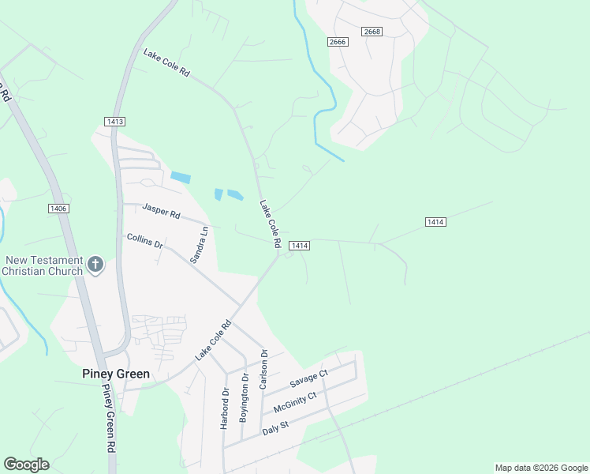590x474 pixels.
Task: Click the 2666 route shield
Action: [x=338, y=42]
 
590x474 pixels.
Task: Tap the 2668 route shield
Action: [x=373, y=32]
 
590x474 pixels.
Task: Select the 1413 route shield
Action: [x=114, y=121]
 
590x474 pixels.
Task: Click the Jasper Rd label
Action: [x=161, y=211]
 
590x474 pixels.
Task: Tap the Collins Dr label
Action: [x=144, y=241]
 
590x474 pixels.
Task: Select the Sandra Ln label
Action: [x=199, y=245]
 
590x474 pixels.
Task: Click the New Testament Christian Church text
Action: [x=43, y=265]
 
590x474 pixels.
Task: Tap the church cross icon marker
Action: [x=95, y=265]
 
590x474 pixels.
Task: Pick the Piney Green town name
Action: [x=116, y=374]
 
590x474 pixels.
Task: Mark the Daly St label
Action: [x=277, y=427]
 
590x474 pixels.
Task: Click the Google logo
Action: [x=26, y=465]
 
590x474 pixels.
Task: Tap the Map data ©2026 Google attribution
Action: [x=540, y=468]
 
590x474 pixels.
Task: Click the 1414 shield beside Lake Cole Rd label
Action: [x=298, y=246]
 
